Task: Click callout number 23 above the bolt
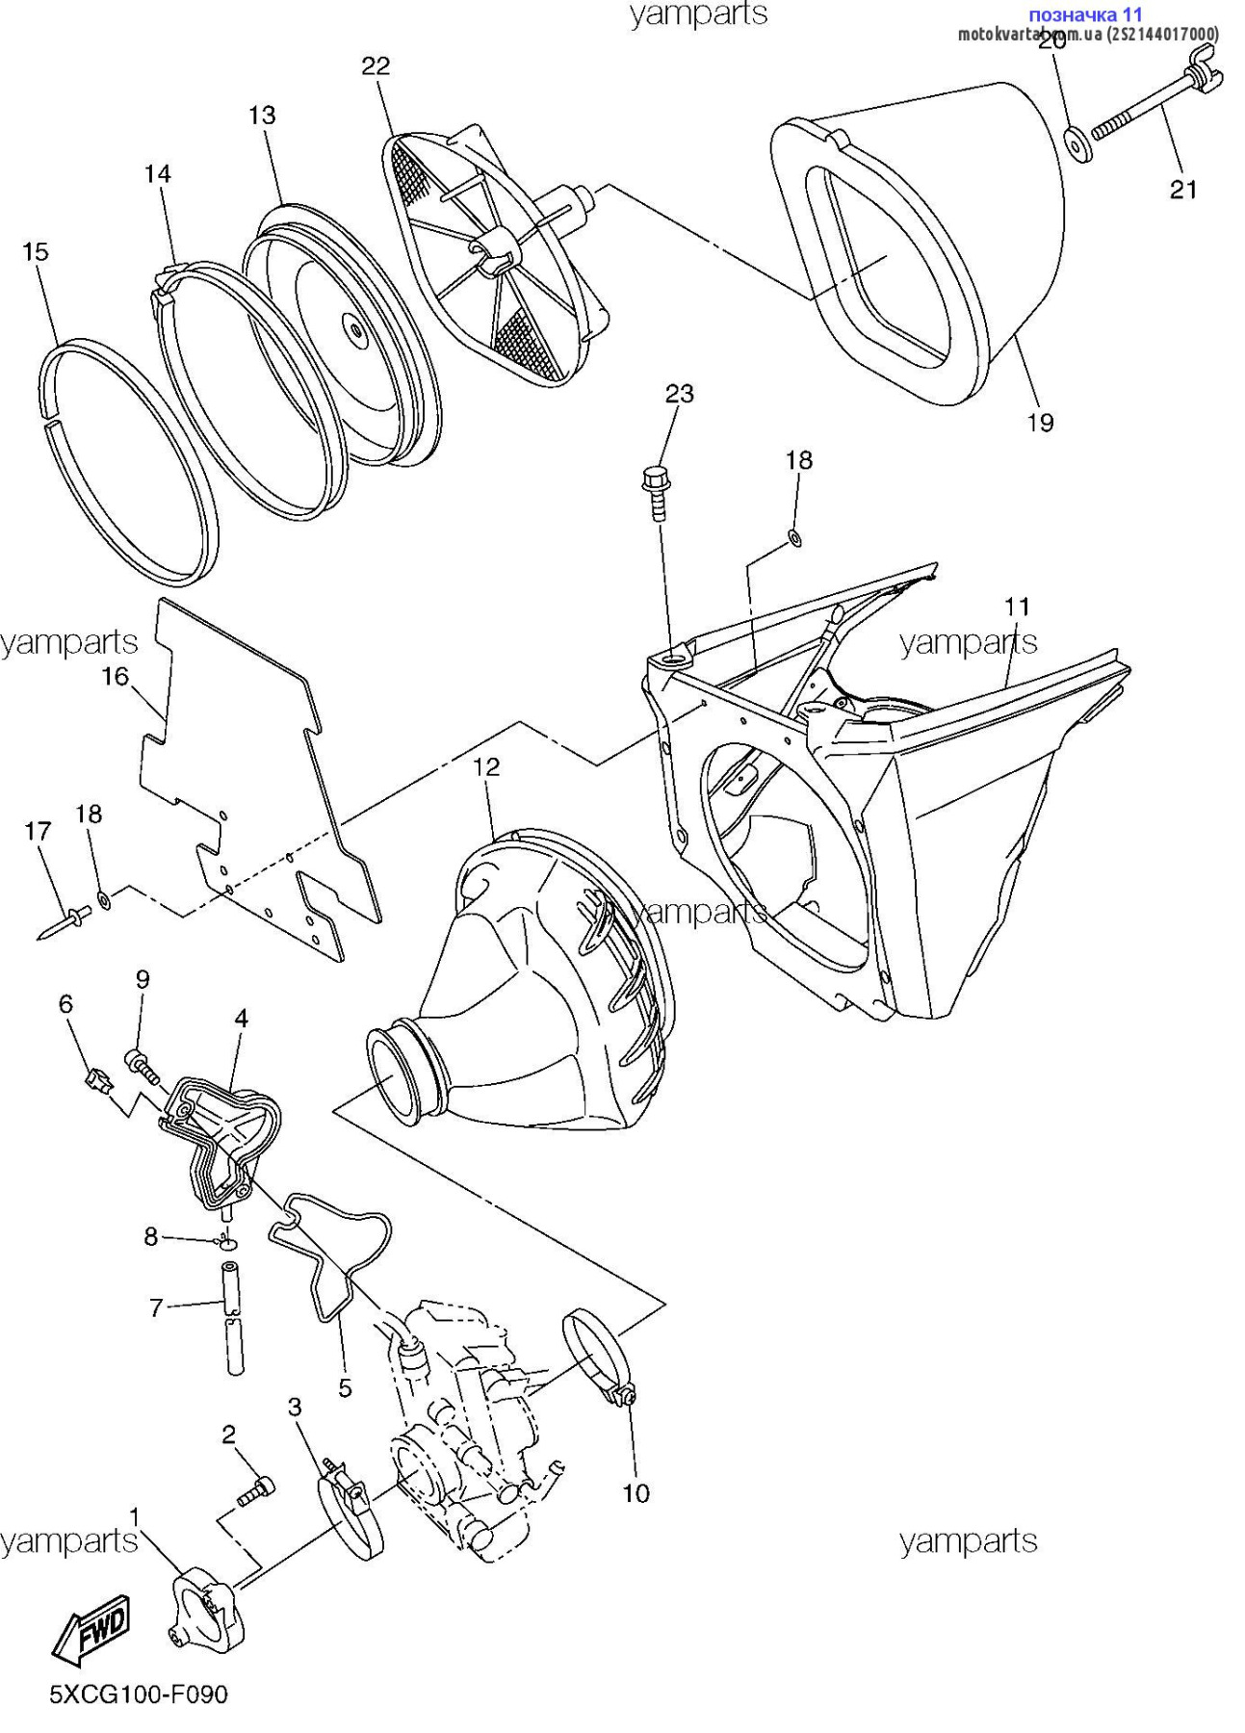pos(679,393)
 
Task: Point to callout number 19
pos(1040,422)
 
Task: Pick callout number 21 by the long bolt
pos(1182,189)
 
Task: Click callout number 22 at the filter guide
pos(376,65)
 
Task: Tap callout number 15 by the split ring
pos(35,251)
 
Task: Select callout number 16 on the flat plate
pos(115,676)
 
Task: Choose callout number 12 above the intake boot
pos(487,766)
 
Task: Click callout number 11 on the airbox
pos(1017,606)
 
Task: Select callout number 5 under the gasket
pos(345,1387)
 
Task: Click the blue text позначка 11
pos(1085,14)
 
